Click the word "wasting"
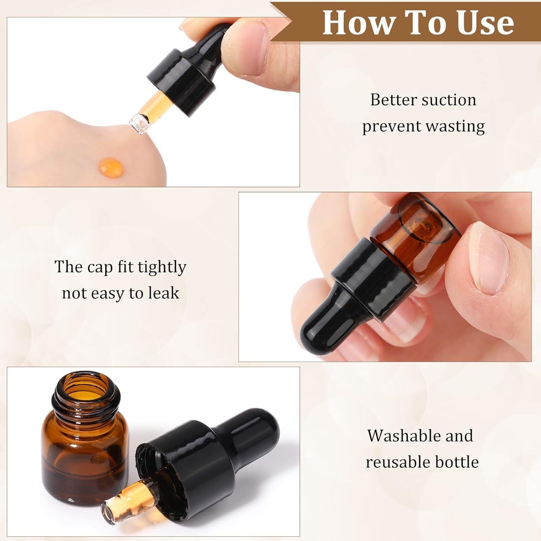click(x=455, y=127)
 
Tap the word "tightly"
click(x=162, y=268)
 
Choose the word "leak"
click(x=163, y=293)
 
